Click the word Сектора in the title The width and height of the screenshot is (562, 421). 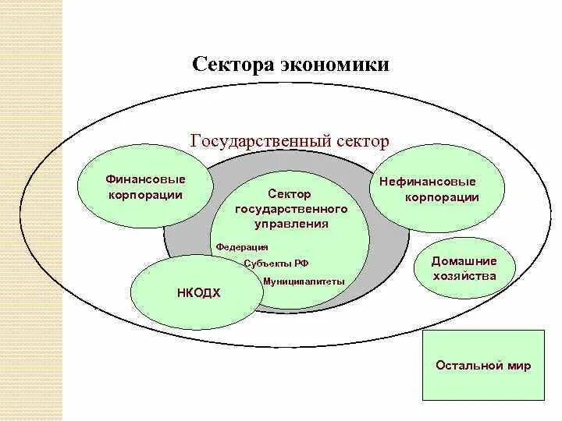coord(230,64)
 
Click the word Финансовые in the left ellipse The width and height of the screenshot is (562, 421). coord(145,179)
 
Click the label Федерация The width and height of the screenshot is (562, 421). coord(242,246)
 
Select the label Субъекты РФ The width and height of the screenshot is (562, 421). coord(276,264)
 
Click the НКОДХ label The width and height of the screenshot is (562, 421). coord(199,293)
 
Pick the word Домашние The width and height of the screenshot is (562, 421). coord(464,261)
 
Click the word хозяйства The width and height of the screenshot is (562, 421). coord(464,276)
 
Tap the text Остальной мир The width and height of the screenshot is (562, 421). coord(482,366)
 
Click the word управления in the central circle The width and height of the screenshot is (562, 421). coord(290,225)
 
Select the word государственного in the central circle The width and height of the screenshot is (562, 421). coord(290,210)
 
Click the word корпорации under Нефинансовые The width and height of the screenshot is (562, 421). coord(441,197)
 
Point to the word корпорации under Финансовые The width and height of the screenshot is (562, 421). coord(145,195)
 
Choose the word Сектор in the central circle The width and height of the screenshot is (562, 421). coord(290,194)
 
